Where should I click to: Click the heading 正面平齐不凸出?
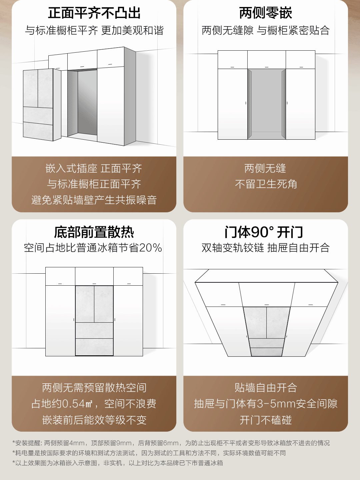(94, 13)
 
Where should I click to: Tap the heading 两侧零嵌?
(266, 13)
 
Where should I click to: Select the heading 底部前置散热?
(94, 232)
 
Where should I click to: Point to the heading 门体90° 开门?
(264, 232)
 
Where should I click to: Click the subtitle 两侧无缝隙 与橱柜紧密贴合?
(266, 30)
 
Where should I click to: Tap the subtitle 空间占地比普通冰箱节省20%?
(93, 248)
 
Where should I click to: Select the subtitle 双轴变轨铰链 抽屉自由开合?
(266, 248)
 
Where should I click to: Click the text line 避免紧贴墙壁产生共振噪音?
(94, 200)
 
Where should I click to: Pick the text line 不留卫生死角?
(266, 184)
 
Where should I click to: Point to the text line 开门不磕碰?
(266, 420)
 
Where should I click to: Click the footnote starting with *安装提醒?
(171, 443)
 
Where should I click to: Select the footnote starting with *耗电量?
(149, 453)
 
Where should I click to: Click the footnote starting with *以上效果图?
(118, 463)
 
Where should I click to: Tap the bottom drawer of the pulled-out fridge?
(38, 131)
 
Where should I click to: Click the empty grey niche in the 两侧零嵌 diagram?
(266, 104)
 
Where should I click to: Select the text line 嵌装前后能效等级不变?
(94, 420)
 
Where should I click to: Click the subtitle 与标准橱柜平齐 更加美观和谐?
(94, 30)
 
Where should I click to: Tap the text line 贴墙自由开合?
(266, 388)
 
